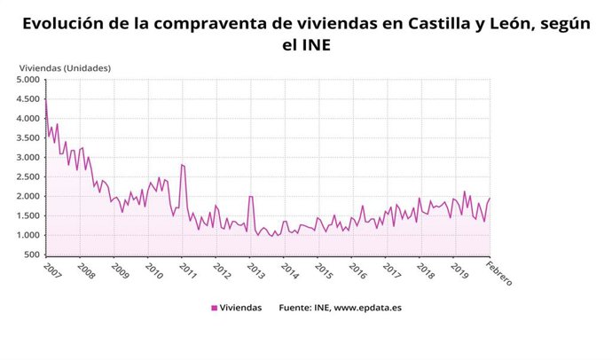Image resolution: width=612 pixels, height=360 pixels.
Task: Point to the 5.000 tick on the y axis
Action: (28, 80)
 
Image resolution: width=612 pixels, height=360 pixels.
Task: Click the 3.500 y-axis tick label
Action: (28, 137)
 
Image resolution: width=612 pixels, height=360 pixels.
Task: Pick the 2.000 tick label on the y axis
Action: (28, 196)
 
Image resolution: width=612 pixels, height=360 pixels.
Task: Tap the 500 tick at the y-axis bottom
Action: (32, 254)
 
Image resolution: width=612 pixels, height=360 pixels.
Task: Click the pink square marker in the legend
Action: (214, 308)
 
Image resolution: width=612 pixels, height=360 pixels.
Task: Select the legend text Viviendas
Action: (240, 308)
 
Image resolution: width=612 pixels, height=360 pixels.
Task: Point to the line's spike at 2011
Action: (182, 164)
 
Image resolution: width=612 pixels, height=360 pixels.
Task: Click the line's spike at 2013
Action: (251, 196)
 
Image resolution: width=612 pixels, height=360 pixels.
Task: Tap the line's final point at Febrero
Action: (490, 199)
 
